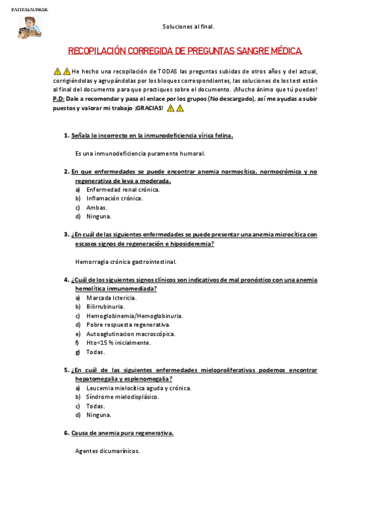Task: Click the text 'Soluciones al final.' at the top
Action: [188, 27]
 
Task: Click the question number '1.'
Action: [67, 135]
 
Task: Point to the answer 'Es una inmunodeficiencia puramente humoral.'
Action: [140, 153]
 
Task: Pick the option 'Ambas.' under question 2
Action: [97, 208]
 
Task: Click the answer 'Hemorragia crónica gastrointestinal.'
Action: [125, 261]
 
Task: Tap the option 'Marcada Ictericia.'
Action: [112, 297]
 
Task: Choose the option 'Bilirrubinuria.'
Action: [106, 306]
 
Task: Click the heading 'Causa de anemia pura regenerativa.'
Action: [122, 433]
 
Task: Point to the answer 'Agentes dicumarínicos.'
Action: [107, 450]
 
